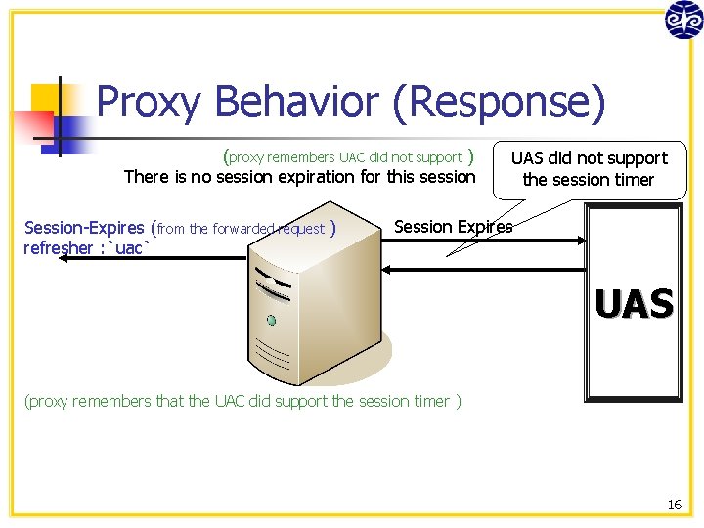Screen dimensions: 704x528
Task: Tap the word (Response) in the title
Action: tap(499, 102)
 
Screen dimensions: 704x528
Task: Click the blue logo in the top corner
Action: tap(683, 20)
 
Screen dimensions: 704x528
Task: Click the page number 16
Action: tap(674, 505)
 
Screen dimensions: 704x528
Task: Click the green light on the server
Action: tap(272, 320)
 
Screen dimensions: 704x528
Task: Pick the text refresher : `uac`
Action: tap(86, 248)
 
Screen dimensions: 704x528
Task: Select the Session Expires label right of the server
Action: tap(453, 227)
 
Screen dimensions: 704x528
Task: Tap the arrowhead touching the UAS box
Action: tap(581, 240)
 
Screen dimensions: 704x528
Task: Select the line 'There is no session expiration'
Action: tap(299, 177)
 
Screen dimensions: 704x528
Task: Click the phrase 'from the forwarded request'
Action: tap(241, 229)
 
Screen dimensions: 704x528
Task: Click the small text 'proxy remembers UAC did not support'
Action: tap(345, 157)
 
